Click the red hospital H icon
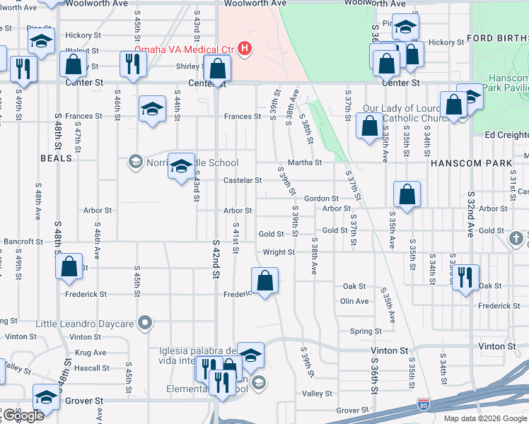pyautogui.click(x=245, y=49)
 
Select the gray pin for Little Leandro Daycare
pyautogui.click(x=145, y=324)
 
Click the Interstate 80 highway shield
pyautogui.click(x=422, y=405)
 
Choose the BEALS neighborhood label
pyautogui.click(x=57, y=158)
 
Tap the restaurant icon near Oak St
pyautogui.click(x=465, y=276)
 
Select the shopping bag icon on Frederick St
pyautogui.click(x=264, y=281)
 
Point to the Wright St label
pyautogui.click(x=279, y=252)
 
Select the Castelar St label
pyautogui.click(x=243, y=180)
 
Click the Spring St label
pyautogui.click(x=366, y=331)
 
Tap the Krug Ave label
pyautogui.click(x=88, y=353)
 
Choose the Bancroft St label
pyautogui.click(x=23, y=242)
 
